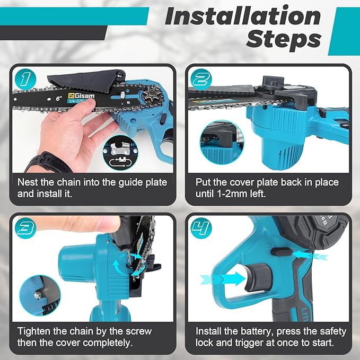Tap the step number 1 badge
[x=24, y=80]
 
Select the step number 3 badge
[x=24, y=229]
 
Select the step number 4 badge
[x=201, y=229]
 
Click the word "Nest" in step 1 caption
[x=29, y=182]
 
